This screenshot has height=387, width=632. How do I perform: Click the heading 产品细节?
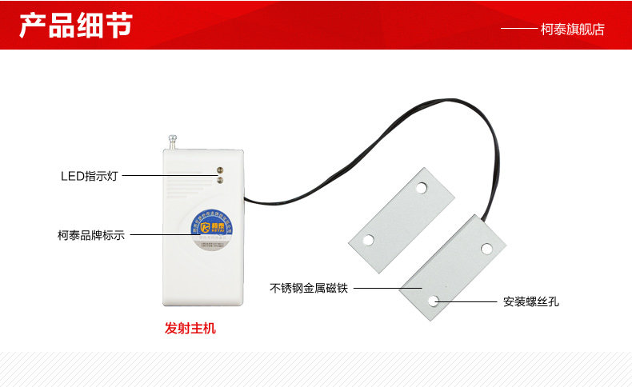76,25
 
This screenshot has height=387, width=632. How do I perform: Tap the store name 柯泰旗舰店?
573,30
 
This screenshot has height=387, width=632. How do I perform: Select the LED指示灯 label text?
89,176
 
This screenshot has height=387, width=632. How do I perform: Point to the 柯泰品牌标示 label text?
91,236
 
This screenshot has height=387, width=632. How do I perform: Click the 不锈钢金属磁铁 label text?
308,288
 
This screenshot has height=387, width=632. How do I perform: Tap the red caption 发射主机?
190,328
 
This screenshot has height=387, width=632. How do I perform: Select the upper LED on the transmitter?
219,169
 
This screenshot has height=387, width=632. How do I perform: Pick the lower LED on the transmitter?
219,182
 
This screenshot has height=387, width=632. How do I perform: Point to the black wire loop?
376,128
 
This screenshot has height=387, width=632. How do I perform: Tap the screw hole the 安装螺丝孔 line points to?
434,301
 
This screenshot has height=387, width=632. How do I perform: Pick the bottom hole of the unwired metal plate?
368,239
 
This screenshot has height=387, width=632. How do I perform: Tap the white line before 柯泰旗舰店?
518,30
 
